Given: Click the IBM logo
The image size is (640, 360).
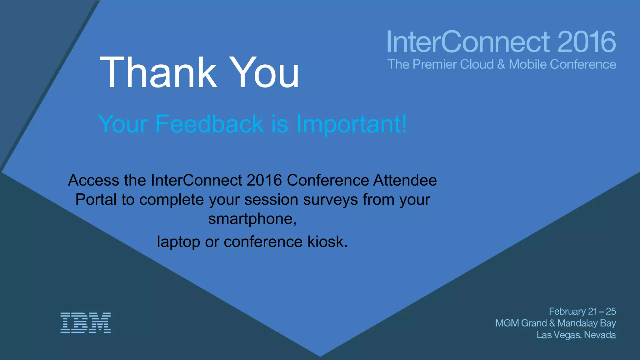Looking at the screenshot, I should tap(85, 323).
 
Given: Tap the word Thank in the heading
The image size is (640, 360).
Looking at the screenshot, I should tap(158, 72).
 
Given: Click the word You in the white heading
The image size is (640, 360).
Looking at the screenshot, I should tap(264, 72).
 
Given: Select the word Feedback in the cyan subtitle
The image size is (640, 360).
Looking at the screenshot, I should tap(209, 124).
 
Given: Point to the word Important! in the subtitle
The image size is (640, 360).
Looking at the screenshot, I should tap(351, 124).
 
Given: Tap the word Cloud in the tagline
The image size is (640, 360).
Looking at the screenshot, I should tap(477, 64).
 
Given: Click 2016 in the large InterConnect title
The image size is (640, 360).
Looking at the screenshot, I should tap(586, 42).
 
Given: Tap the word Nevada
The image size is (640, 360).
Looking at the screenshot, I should tap(600, 335).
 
